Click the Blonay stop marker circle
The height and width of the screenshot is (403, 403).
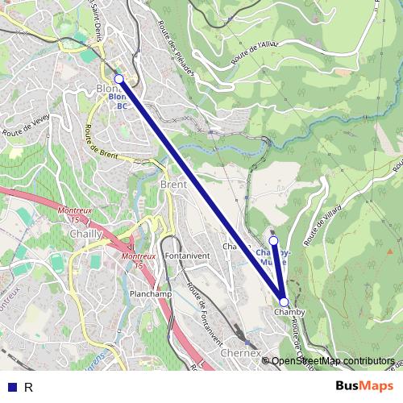pos(119,78)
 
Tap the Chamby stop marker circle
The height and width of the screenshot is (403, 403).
pos(283,301)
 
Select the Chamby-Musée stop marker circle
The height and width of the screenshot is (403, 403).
pos(273,241)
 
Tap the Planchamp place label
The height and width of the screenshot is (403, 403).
pos(151,294)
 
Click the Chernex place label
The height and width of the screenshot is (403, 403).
pos(240,353)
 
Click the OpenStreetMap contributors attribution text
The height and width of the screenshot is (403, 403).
pos(332,361)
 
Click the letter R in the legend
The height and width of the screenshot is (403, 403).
pos(28,387)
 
